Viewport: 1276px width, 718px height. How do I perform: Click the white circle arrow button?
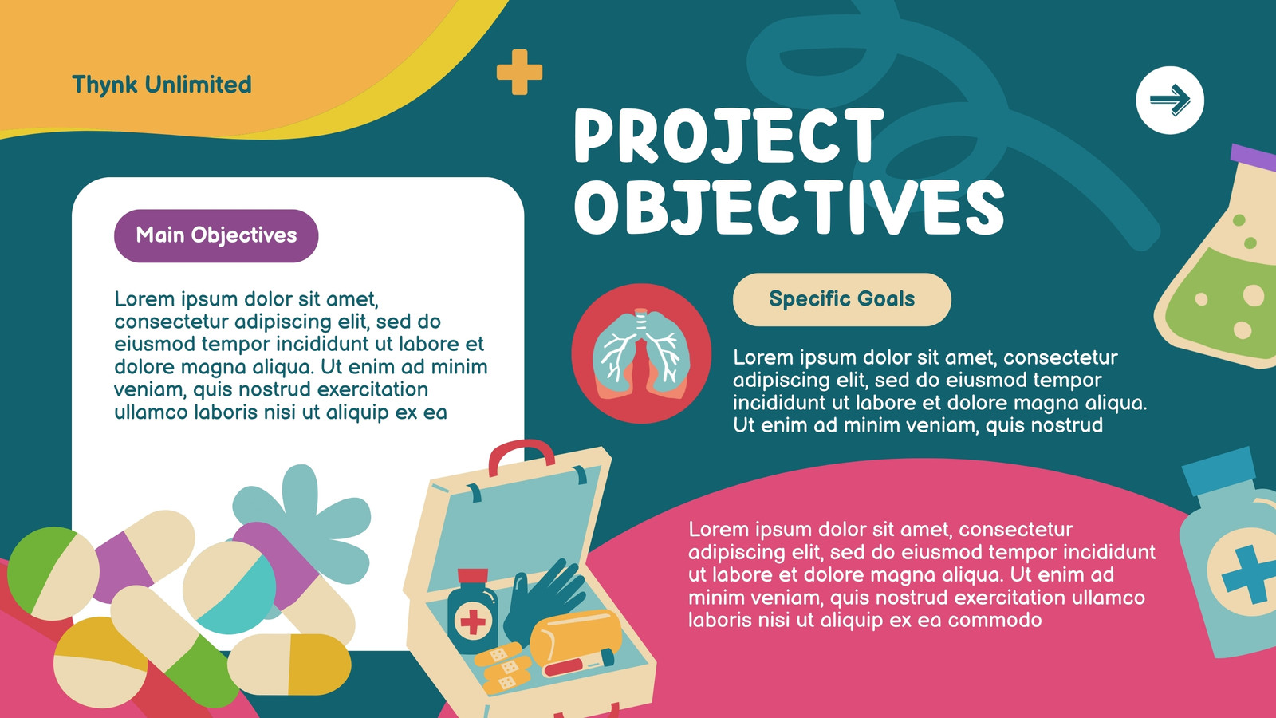tap(1169, 101)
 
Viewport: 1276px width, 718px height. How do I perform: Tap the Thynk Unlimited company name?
tap(162, 85)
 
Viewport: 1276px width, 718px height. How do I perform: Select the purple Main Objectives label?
tap(216, 235)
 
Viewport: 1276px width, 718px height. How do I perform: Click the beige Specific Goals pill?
tap(842, 299)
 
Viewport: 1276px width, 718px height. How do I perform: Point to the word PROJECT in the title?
tap(729, 136)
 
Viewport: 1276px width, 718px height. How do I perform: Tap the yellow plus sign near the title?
tap(519, 72)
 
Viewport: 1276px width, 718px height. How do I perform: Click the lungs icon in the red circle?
tap(641, 354)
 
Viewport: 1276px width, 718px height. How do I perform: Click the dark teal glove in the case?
tap(544, 598)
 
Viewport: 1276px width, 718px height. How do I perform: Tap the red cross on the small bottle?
tap(473, 621)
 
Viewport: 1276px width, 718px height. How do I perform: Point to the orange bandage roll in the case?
tap(575, 635)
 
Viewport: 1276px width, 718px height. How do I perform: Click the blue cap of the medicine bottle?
tap(1219, 470)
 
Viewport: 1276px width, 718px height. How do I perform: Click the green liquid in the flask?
tap(1225, 302)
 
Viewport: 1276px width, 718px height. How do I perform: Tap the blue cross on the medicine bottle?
tap(1250, 574)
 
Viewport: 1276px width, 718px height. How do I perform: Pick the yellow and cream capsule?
tap(289, 665)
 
